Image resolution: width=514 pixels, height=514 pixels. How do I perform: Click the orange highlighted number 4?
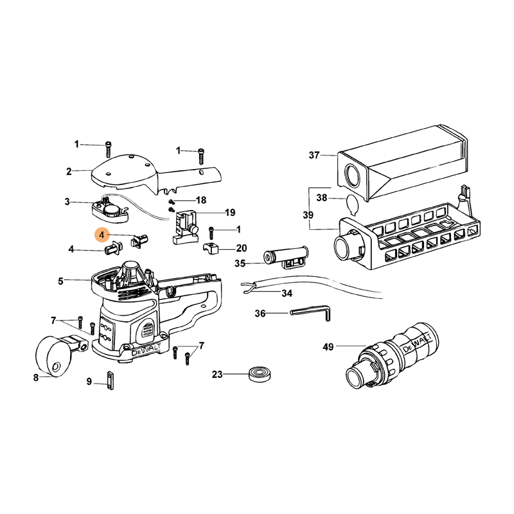click(102, 235)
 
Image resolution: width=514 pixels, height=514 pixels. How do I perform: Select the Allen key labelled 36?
click(310, 312)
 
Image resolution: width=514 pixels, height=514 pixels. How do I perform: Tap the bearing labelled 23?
click(260, 375)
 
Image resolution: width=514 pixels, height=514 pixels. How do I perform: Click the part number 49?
click(328, 346)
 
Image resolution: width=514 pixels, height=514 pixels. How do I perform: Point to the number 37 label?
click(314, 155)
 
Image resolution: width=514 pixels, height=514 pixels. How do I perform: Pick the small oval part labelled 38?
click(352, 205)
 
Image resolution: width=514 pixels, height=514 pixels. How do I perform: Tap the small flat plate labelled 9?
click(110, 380)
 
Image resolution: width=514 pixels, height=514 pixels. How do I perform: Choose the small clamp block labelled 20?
click(211, 249)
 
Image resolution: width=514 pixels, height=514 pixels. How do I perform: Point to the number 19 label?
click(230, 213)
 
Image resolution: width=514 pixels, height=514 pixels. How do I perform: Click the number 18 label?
click(201, 200)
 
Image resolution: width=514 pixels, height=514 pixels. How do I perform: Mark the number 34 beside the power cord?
click(287, 293)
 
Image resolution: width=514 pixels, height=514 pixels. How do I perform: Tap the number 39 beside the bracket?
click(308, 215)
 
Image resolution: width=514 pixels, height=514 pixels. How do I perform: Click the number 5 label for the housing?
click(60, 281)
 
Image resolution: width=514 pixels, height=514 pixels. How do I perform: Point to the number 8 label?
click(36, 378)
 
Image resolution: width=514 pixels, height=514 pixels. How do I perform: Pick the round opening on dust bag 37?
click(352, 176)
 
